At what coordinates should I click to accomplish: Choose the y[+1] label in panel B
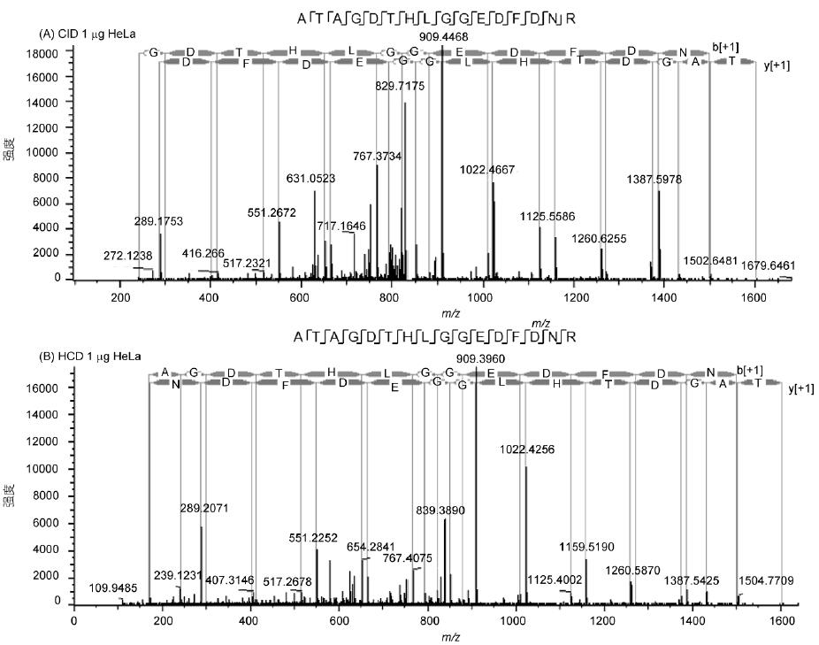point(800,388)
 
